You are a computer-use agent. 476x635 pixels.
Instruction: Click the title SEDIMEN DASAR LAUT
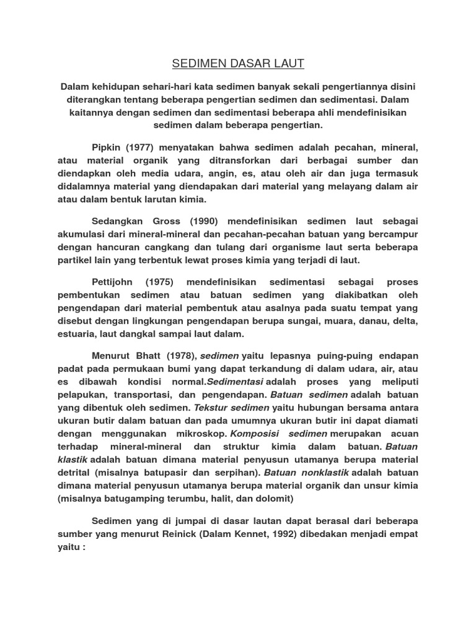click(238, 64)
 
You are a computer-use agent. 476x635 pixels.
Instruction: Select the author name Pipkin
click(107, 148)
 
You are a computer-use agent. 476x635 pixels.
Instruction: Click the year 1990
click(205, 221)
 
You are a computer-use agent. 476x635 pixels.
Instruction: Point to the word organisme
click(314, 247)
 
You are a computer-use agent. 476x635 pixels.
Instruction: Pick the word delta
click(405, 321)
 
